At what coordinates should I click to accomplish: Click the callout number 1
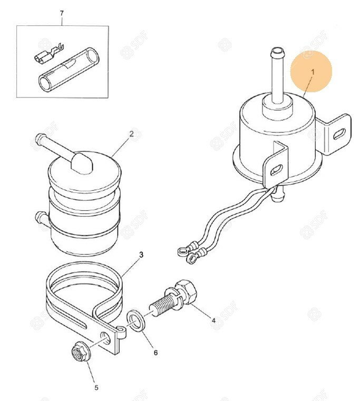coord(313,72)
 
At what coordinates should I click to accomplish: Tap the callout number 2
coord(132,134)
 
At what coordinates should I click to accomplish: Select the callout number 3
coord(141,255)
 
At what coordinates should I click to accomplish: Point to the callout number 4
coord(213,320)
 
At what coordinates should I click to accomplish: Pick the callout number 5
coord(96,387)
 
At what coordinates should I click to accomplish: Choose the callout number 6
coord(155,353)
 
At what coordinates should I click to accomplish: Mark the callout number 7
coord(62,13)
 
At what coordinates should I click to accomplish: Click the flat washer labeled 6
coord(137,321)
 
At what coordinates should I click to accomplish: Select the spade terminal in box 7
coord(48,55)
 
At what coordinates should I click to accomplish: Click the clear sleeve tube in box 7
coord(70,69)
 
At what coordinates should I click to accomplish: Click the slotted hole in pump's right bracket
coord(339,133)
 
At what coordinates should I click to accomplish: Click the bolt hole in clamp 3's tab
coord(105,338)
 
